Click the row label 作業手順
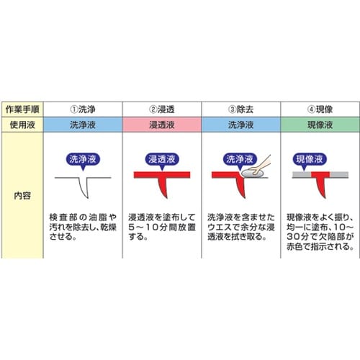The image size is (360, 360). (22, 109)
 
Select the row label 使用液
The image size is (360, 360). (22, 125)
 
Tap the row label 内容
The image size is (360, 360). (22, 196)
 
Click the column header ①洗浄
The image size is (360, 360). (83, 109)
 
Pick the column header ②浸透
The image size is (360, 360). (162, 109)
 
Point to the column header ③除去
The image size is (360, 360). (240, 109)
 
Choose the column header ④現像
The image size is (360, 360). (320, 109)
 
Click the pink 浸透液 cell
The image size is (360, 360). (162, 125)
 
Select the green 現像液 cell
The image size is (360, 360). (320, 125)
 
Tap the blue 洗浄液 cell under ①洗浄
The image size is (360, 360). (83, 125)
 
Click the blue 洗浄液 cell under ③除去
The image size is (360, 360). (240, 125)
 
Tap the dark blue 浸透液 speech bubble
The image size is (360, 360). (162, 160)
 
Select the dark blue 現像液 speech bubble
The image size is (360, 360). (310, 160)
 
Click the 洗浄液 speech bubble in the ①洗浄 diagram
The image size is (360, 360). (83, 160)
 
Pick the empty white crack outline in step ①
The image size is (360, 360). (84, 188)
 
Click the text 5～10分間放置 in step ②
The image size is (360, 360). (162, 227)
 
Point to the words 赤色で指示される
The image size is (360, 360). (320, 246)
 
